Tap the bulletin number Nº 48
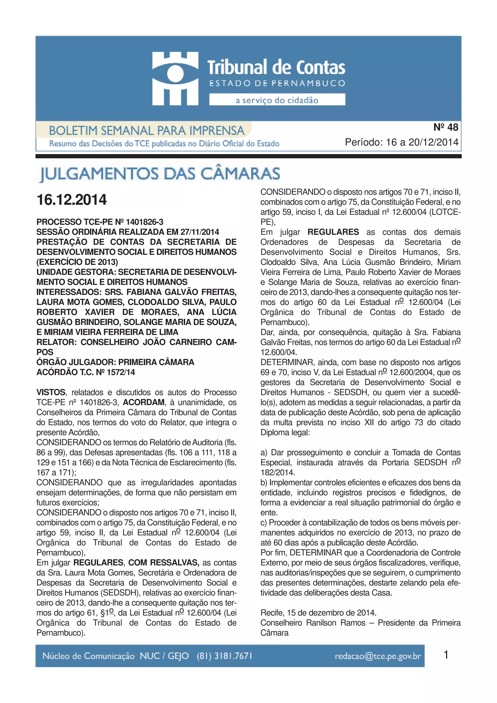click(446, 127)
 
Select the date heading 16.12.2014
click(72, 200)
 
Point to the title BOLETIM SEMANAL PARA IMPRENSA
click(147, 131)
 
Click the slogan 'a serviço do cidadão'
click(277, 100)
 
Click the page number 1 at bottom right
click(446, 655)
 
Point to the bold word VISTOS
click(51, 392)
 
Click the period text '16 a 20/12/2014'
click(422, 142)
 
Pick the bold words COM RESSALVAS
click(164, 563)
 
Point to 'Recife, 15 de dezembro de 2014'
click(318, 613)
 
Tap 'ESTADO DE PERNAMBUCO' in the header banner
click(277, 83)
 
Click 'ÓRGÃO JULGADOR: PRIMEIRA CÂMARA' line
click(115, 362)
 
